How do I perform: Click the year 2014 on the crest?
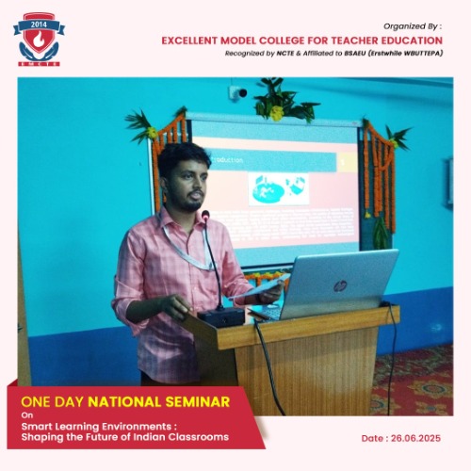[39, 24]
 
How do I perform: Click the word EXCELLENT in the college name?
[189, 41]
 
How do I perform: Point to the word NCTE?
[285, 54]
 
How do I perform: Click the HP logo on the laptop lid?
[340, 285]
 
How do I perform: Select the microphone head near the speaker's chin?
[205, 216]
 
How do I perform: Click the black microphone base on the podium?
[221, 317]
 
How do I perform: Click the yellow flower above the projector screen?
[277, 113]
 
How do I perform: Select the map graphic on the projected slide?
[279, 189]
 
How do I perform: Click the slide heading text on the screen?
[227, 160]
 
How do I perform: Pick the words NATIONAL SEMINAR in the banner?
[159, 402]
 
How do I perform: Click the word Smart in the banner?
[37, 427]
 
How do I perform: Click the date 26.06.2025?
[415, 438]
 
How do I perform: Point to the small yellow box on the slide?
[347, 162]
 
